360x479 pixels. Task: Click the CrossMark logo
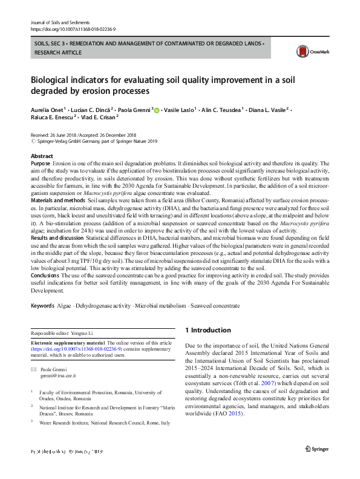pyautogui.click(x=309, y=52)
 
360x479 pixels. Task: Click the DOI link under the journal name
pyautogui.click(x=73, y=28)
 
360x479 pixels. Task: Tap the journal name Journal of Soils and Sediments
pyautogui.click(x=56, y=21)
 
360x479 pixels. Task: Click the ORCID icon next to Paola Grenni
pyautogui.click(x=157, y=110)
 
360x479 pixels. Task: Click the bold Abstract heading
pyautogui.click(x=42, y=156)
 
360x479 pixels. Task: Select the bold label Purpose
pyautogui.click(x=40, y=164)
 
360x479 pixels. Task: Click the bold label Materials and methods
pyautogui.click(x=57, y=200)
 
